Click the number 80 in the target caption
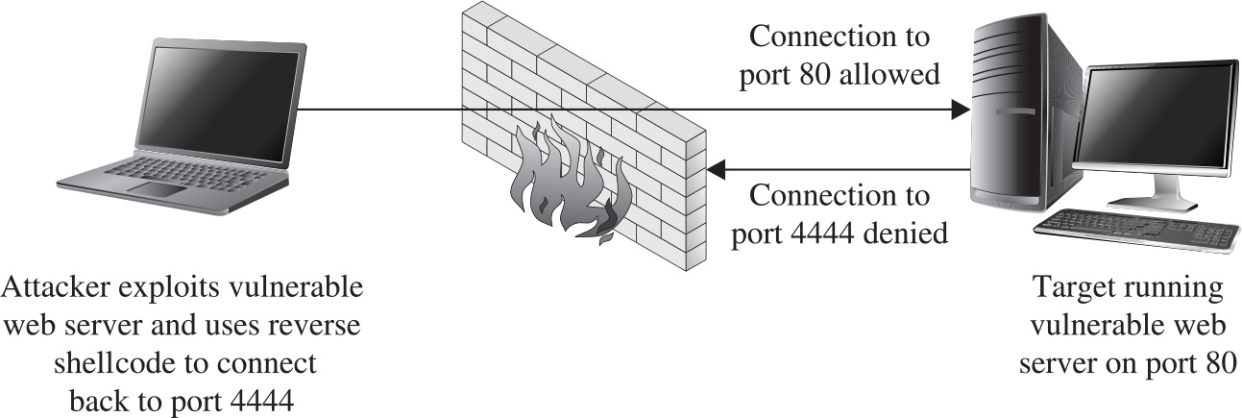(x=1214, y=364)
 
